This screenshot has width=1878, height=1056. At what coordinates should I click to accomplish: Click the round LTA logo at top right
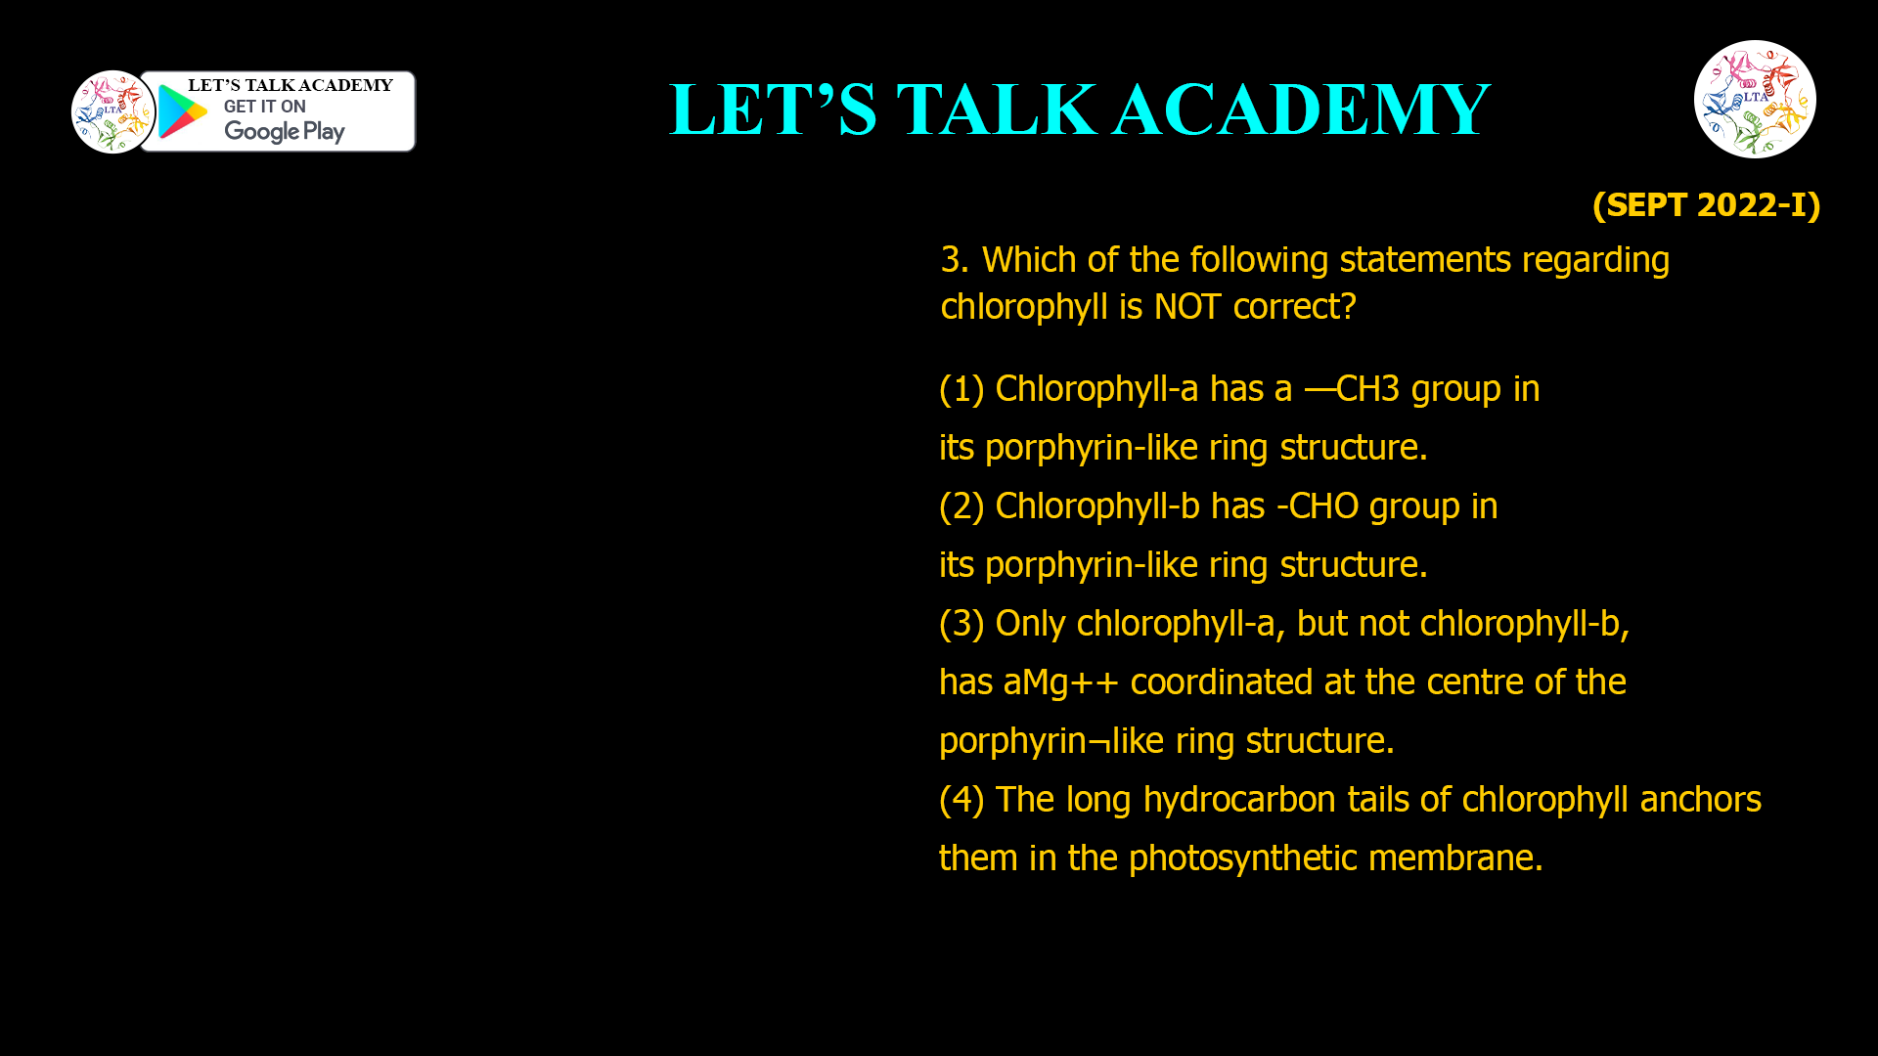tap(1755, 99)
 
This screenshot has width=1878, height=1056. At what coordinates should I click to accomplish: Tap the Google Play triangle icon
tap(182, 111)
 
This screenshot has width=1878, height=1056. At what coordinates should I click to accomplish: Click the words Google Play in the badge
tap(284, 131)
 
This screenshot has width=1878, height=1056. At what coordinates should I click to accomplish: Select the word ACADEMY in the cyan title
tap(1301, 110)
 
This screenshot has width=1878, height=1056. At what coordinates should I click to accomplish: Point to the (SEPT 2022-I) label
tap(1706, 204)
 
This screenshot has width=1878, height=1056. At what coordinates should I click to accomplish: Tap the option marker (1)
tap(961, 389)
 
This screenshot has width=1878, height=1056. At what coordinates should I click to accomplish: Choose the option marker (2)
tap(961, 506)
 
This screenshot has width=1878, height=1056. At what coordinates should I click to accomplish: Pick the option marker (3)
tap(961, 624)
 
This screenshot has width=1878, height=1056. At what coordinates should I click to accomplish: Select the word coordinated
tap(1222, 682)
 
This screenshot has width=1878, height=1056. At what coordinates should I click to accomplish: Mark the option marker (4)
tap(961, 800)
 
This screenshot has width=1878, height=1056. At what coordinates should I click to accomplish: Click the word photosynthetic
tap(1243, 858)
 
